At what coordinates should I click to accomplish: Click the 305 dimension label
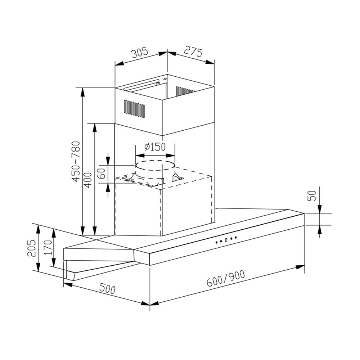coord(139,53)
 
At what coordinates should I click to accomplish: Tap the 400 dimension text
coord(87,179)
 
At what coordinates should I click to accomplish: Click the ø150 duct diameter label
coord(154,147)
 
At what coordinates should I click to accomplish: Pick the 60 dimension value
coord(102,174)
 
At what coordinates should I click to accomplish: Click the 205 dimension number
coord(31,248)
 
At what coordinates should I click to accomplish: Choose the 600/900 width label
coord(226,278)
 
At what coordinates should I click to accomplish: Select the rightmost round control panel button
coord(236,237)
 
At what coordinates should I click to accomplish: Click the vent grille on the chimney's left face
coord(134,109)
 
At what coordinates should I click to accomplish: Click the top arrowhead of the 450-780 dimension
coord(82,92)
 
